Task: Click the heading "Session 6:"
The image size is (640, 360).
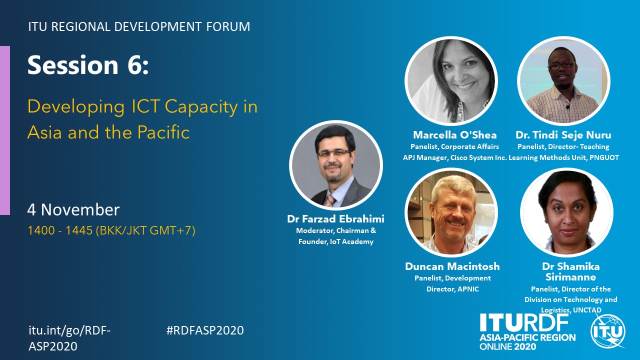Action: coord(88,65)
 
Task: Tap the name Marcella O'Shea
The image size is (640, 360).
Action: coord(455,135)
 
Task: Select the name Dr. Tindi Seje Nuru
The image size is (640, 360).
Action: coord(563,135)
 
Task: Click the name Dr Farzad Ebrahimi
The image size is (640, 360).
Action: coord(335,219)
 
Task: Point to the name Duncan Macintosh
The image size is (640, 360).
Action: coord(452,266)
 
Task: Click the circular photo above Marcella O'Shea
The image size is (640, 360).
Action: coord(451,81)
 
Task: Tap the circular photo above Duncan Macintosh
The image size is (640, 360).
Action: coord(451,212)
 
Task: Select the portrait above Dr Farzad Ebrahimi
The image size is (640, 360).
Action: coord(335,165)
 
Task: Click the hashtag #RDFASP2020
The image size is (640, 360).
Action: coord(205,330)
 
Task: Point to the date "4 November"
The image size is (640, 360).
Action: coord(73,209)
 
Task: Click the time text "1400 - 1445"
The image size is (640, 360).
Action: coord(60,230)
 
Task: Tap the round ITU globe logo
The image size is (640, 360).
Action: coord(608,331)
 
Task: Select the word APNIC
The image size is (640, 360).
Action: coord(468,289)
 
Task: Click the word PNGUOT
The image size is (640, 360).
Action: coord(604,157)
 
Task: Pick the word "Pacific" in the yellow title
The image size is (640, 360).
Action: coord(163,132)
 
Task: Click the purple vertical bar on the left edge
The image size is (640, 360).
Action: coord(5,130)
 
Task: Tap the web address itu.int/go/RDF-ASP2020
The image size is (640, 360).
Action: coord(69,338)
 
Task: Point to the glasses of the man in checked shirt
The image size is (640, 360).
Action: coord(561,65)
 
